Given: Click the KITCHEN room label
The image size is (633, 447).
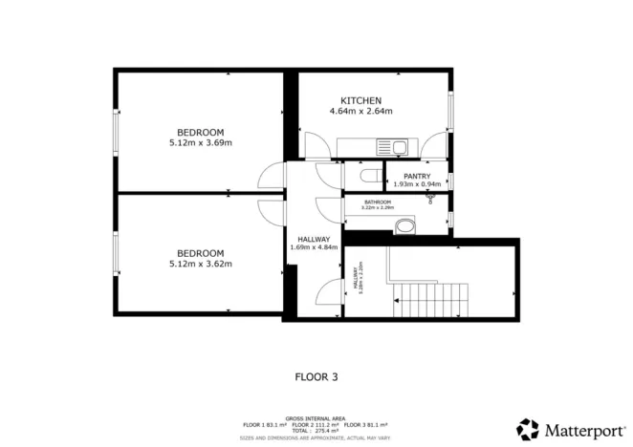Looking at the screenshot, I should (x=361, y=100).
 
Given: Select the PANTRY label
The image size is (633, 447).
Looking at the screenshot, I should (x=416, y=176).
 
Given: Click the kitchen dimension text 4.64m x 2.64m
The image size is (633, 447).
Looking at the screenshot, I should (x=361, y=112).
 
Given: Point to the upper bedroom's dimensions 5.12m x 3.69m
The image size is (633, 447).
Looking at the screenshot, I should (x=200, y=143).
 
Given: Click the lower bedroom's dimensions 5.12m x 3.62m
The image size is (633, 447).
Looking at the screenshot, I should (x=200, y=264).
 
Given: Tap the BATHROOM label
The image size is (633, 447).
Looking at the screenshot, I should (x=378, y=202).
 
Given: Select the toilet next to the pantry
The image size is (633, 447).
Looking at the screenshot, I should (x=370, y=177).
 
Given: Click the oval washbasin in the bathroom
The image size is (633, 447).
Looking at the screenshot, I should (x=406, y=226).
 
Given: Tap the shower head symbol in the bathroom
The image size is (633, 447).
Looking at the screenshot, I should (x=431, y=198).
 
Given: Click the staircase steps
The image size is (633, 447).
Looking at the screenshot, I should (x=431, y=299).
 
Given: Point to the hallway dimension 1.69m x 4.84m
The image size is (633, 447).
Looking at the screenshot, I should (x=314, y=247).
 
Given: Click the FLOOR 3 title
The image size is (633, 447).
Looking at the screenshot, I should (x=316, y=376).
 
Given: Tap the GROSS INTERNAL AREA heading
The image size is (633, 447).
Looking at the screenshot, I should (x=316, y=417).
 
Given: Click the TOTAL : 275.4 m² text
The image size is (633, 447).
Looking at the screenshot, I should (x=316, y=431).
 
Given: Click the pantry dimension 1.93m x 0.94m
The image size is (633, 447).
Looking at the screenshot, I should (x=417, y=184).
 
